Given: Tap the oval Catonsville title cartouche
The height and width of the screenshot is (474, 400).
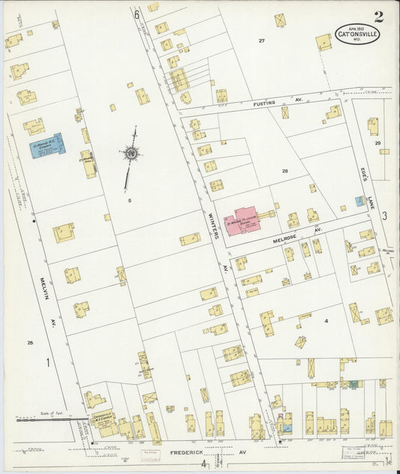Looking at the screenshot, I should click(357, 34).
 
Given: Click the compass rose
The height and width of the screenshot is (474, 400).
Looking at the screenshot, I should click(132, 154).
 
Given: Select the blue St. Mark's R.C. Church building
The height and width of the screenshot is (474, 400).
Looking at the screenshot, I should click(46, 144).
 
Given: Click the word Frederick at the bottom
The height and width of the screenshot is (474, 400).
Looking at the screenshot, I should click(185, 454).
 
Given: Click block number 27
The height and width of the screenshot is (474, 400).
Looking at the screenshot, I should click(262, 40).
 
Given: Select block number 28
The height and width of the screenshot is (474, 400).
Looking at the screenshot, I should click(284, 172).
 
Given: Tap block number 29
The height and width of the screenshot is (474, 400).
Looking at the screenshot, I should click(378, 142).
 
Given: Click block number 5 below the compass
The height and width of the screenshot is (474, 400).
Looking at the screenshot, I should click(129, 200).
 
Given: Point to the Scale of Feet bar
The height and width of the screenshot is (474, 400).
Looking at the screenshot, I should click(45, 420).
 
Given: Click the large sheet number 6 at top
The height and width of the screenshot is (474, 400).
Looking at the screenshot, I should click(137, 13).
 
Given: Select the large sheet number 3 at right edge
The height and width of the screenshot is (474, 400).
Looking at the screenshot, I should click(383, 216).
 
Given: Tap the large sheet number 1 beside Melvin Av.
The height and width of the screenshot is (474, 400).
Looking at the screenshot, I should click(47, 363).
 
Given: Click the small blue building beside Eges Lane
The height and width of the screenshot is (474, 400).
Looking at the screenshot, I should click(359, 202).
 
